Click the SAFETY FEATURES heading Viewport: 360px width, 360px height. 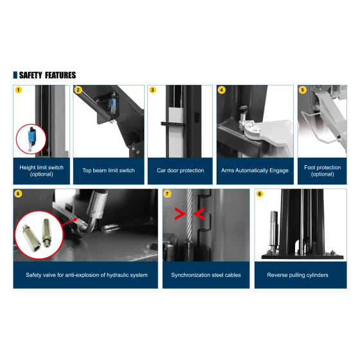pos(48,75)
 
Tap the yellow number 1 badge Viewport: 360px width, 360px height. pos(19,90)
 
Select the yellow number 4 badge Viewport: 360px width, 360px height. pos(222,90)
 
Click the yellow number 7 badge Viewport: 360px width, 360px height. pos(167,194)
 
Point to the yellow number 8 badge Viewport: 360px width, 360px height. pos(260,194)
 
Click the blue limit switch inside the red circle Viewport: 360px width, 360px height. pos(31,136)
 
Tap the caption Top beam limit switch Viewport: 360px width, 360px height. pos(109,170)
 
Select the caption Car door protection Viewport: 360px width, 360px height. pos(180,170)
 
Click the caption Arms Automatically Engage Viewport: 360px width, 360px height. pos(255,170)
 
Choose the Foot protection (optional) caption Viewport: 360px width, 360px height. pos(322,170)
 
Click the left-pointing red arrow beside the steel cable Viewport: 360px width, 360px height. pos(199,213)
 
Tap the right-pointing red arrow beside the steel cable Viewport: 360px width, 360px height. pos(181,213)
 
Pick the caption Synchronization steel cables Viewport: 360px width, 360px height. pos(206,275)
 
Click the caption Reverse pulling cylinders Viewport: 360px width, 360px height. pos(298,275)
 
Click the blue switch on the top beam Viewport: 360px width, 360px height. pos(112,104)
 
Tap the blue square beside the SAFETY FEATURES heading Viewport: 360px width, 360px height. pos(15,75)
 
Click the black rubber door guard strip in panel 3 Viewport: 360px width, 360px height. pos(173,124)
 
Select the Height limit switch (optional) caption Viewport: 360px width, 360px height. pos(41,170)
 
